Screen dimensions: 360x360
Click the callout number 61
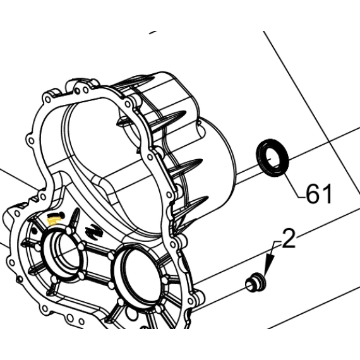pyautogui.click(x=319, y=193)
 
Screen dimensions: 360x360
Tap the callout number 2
pyautogui.click(x=289, y=238)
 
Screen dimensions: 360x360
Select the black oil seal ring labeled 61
pyautogui.click(x=272, y=158)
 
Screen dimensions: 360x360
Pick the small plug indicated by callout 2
pyautogui.click(x=255, y=282)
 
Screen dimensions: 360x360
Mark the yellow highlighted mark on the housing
pyautogui.click(x=52, y=221)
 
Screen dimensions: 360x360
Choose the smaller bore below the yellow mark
pyautogui.click(x=63, y=253)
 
